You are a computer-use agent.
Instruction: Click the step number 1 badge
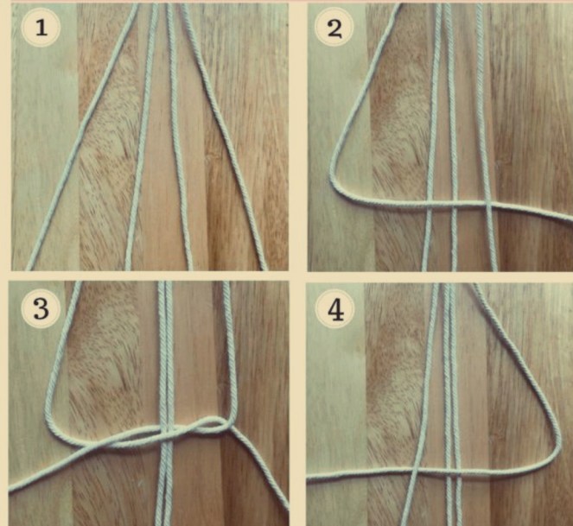(x=41, y=28)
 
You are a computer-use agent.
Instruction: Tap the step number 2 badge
(x=334, y=28)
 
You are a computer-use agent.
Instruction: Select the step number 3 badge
(x=41, y=308)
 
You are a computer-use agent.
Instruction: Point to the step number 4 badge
(x=335, y=309)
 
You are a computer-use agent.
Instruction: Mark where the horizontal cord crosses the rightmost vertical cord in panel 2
(x=488, y=206)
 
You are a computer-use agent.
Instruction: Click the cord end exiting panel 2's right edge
(x=570, y=219)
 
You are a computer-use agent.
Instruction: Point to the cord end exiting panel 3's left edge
(x=12, y=488)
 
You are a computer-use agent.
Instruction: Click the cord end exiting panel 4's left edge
(x=309, y=477)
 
